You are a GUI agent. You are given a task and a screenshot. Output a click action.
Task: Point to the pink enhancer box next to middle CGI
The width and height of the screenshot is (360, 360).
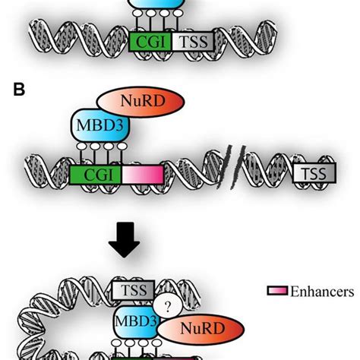[141, 173]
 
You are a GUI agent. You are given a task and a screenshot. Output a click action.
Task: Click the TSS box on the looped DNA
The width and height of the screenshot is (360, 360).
[134, 289]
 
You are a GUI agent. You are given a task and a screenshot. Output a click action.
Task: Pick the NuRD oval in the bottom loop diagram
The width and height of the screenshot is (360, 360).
[197, 328]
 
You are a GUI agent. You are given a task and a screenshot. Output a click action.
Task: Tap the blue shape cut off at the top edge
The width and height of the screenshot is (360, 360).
[155, 6]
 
